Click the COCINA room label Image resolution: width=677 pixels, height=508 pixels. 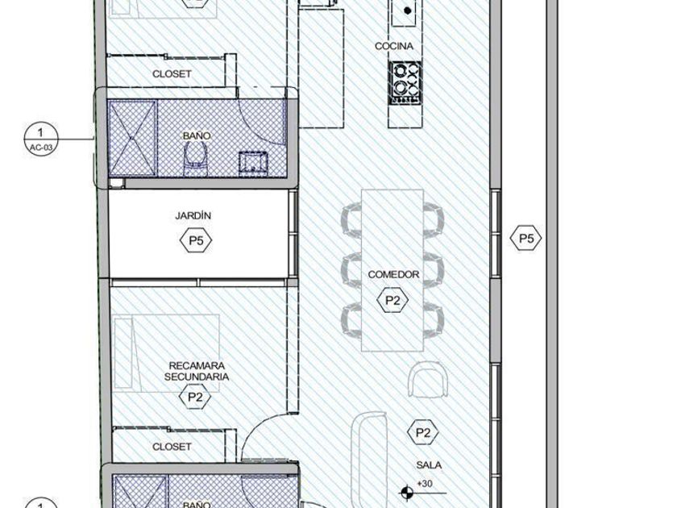pos(394,46)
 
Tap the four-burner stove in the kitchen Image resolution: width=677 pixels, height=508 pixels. pos(405,83)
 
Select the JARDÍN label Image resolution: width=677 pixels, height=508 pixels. pos(193,215)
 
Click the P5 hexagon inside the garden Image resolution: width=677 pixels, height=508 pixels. pos(196,240)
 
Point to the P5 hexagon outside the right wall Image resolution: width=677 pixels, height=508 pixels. pos(525,238)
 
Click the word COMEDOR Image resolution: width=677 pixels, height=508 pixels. pos(393,274)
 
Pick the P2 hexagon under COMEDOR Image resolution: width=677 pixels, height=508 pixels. pos(392,300)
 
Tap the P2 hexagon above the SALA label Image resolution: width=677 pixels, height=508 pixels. pos(423,432)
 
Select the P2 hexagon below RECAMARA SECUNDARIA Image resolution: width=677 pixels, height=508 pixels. pos(195,397)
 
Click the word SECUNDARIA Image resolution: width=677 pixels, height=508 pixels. pos(197,377)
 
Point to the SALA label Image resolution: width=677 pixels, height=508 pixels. pos(429,465)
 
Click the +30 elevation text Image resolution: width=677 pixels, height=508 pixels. pos(425,483)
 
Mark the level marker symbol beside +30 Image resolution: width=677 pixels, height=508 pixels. pos(406,492)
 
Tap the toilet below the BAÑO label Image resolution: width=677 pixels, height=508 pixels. pos(195,159)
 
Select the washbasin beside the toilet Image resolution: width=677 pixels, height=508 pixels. pos(253,164)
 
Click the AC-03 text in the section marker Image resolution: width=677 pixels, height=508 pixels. pos(41,148)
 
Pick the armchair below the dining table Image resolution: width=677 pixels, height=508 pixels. pos(427,379)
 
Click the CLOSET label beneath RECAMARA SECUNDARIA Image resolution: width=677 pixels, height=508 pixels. pos(172,446)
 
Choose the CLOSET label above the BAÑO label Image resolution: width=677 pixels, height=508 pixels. pos(172,74)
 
